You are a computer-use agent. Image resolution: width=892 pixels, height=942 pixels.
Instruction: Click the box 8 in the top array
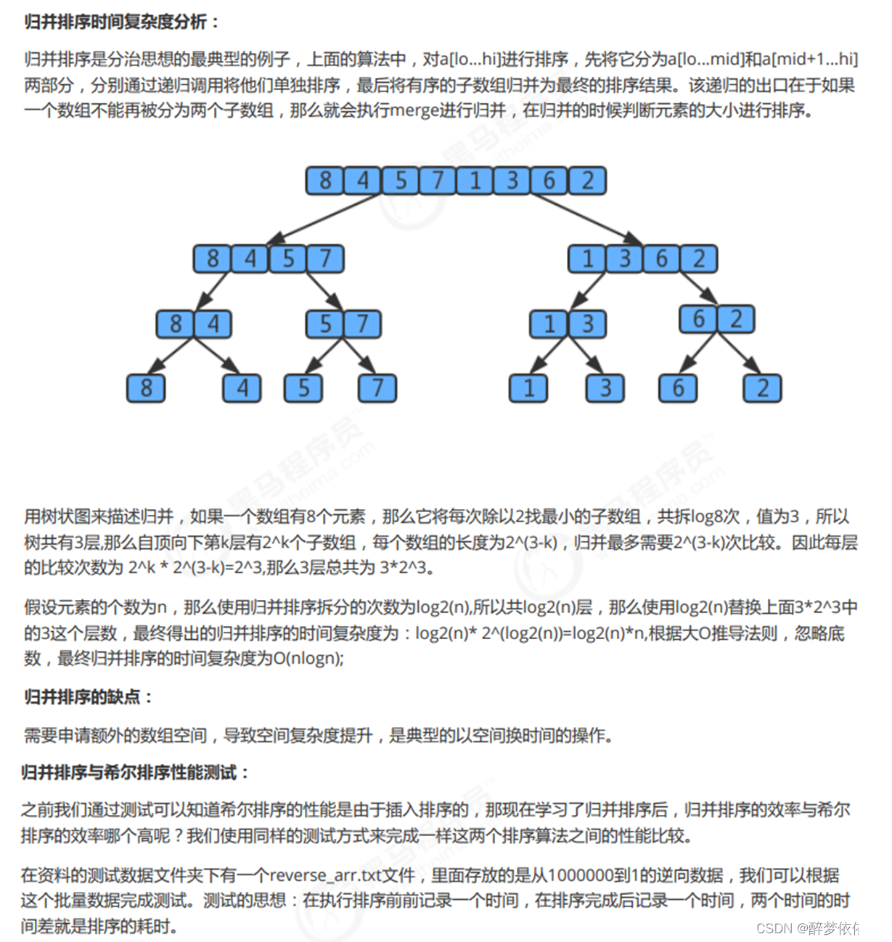pos(324,180)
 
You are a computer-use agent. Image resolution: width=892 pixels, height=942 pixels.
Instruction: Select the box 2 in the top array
pos(587,180)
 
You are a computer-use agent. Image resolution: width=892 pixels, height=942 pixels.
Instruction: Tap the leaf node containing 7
pos(377,388)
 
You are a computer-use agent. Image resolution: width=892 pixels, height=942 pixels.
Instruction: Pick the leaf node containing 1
pos(528,388)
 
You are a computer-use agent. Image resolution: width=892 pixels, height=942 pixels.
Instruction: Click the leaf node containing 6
pos(678,388)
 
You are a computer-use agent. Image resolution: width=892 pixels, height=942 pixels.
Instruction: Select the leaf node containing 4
pos(242,388)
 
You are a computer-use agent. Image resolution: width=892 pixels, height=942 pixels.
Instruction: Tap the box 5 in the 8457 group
pos(288,259)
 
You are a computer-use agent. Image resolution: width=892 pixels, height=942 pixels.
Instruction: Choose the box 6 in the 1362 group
pos(662,259)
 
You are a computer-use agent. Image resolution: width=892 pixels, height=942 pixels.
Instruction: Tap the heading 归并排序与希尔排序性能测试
pos(134,772)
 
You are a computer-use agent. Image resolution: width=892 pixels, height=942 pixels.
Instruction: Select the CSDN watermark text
pos(817,927)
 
